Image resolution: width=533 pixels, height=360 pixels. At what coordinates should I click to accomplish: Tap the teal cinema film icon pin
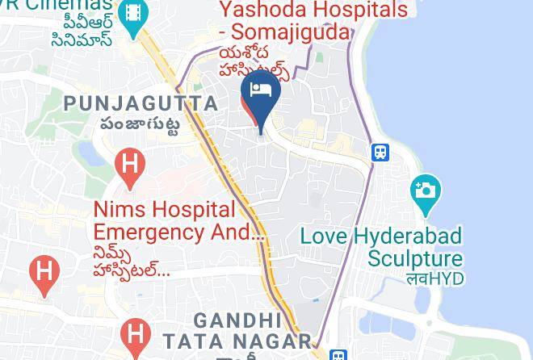point(132,14)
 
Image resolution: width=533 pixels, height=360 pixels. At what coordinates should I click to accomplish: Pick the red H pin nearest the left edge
point(44,272)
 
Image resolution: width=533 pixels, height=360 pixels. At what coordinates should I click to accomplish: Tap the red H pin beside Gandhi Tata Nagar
point(135,335)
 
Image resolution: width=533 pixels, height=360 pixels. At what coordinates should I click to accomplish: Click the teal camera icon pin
point(425,192)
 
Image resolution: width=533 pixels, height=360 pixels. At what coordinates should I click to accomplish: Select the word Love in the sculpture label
point(325,237)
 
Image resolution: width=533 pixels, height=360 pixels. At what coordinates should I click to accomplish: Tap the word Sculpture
point(416,259)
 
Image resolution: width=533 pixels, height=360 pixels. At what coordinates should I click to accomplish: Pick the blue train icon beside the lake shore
point(380,153)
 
